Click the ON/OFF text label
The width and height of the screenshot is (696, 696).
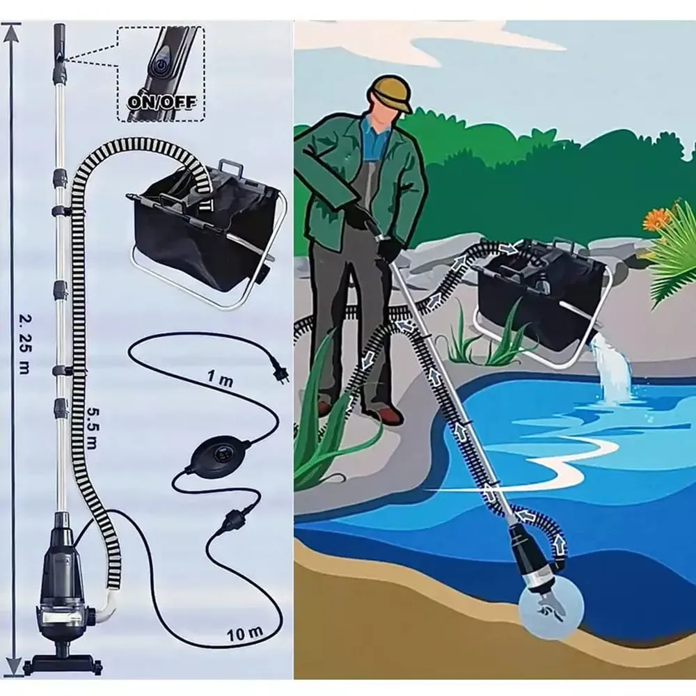(161, 102)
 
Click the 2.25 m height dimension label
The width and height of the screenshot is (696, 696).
(25, 343)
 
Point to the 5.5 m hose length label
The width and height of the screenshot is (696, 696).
(92, 429)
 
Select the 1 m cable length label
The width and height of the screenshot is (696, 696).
(220, 379)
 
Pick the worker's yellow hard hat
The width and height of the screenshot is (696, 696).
(390, 92)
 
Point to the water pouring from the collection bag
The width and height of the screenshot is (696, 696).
(613, 365)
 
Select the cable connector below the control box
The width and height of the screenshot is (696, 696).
(232, 517)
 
